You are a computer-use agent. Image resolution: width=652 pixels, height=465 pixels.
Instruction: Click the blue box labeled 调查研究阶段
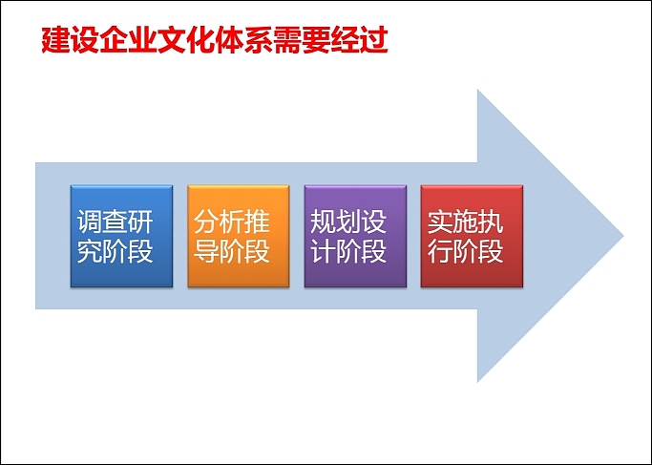pos(121,236)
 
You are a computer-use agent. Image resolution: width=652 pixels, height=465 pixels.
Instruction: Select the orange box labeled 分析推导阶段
pos(238,236)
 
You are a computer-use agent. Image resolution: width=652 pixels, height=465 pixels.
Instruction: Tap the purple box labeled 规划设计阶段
pos(355,236)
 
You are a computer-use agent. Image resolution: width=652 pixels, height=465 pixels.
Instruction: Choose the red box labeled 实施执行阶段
pos(472,236)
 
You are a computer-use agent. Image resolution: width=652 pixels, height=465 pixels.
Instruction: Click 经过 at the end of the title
pos(359,41)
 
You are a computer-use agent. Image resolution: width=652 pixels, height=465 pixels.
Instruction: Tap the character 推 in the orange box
pos(258,222)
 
